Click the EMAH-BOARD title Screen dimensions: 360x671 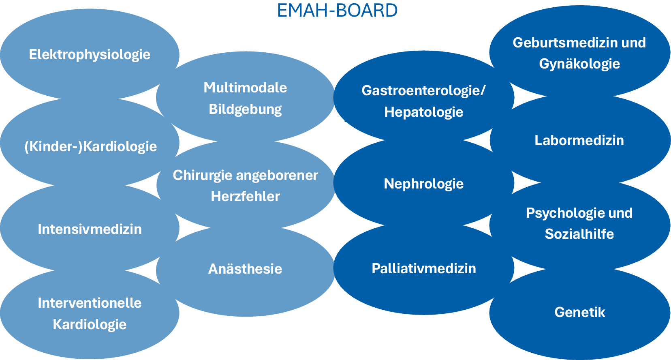click(337, 11)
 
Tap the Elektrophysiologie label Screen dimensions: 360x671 click(90, 55)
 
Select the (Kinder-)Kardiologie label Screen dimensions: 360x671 click(90, 146)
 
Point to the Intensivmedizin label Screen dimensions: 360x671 click(90, 229)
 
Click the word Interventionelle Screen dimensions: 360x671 click(90, 303)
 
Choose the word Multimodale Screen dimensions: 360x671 click(245, 88)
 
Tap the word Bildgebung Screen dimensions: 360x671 click(245, 109)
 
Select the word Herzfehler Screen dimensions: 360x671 click(245, 196)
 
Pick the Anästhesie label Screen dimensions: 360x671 click(245, 269)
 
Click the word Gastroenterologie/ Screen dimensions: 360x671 click(423, 90)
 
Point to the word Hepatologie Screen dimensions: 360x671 click(423, 112)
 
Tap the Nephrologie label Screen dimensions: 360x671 click(423, 184)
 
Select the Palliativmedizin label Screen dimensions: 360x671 click(423, 268)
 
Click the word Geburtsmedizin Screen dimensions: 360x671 click(565, 43)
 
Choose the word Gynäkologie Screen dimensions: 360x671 click(579, 64)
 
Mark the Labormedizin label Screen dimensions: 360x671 click(579, 140)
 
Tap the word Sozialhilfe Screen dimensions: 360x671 click(579, 234)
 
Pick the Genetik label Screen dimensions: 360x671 click(579, 312)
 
